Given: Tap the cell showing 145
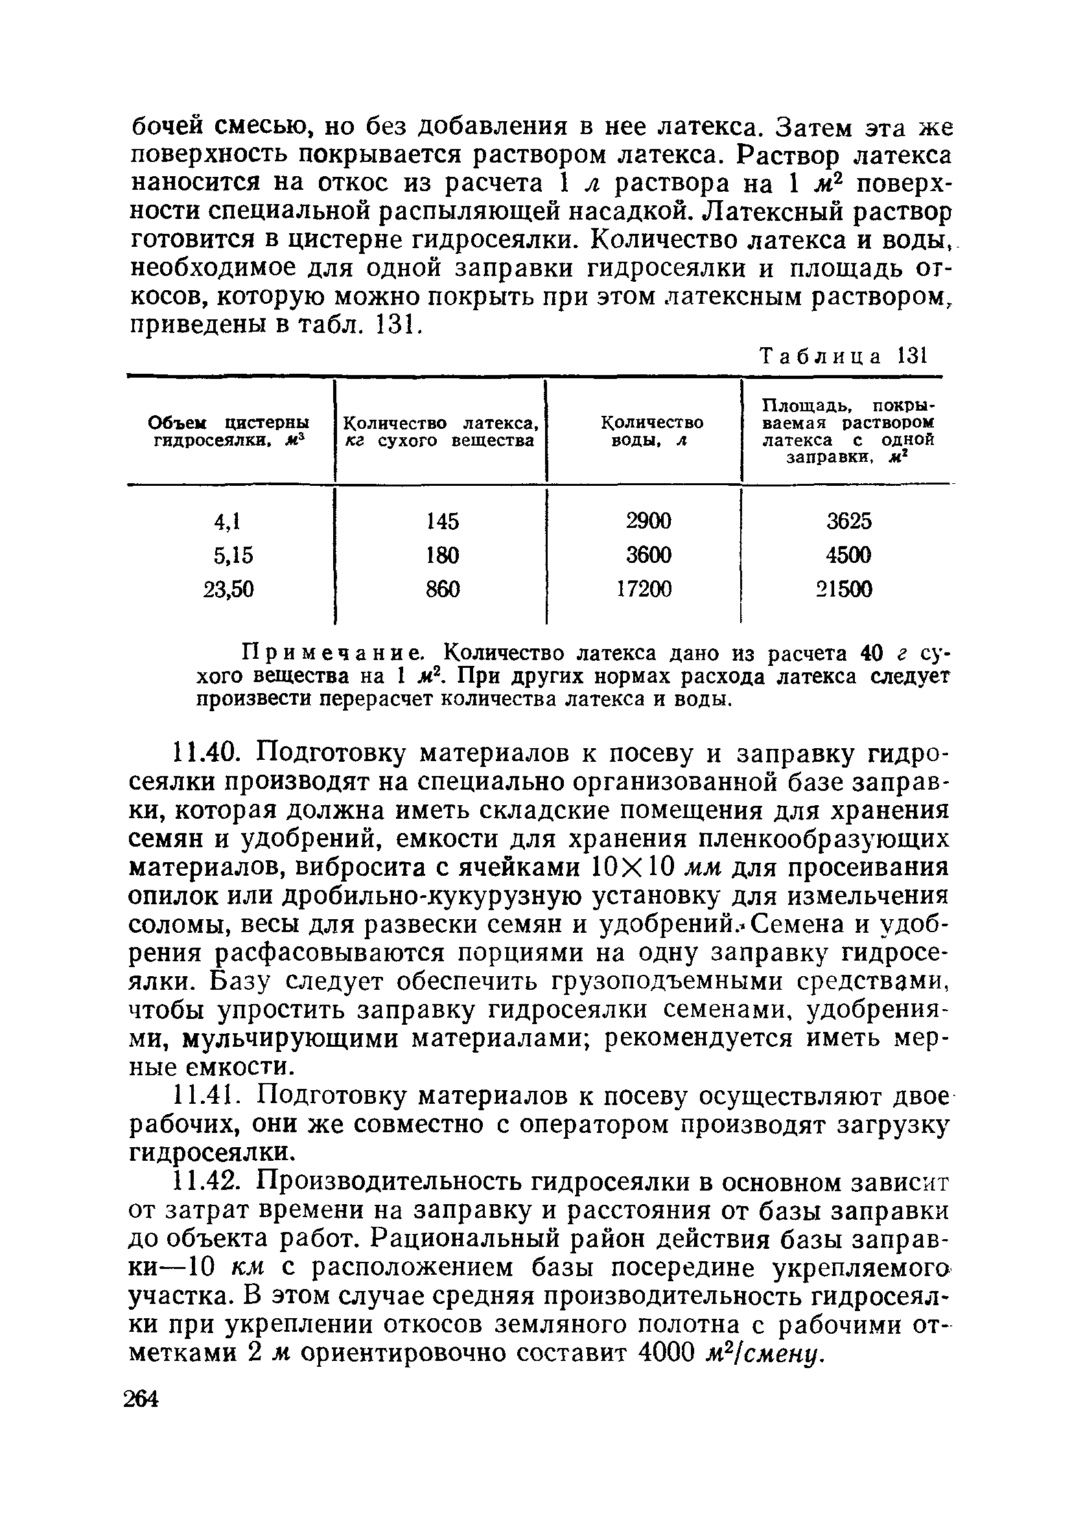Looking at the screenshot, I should tap(443, 520).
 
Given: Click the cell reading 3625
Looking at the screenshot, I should tap(848, 520).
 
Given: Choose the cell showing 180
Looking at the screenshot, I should tap(443, 554).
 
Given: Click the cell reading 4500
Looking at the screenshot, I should tap(848, 554).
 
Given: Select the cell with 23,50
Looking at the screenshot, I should tap(229, 589).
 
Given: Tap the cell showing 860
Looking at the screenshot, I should tap(443, 589).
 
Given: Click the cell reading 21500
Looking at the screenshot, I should tap(845, 589).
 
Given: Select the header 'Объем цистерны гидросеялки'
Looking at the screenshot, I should tap(229, 431).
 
